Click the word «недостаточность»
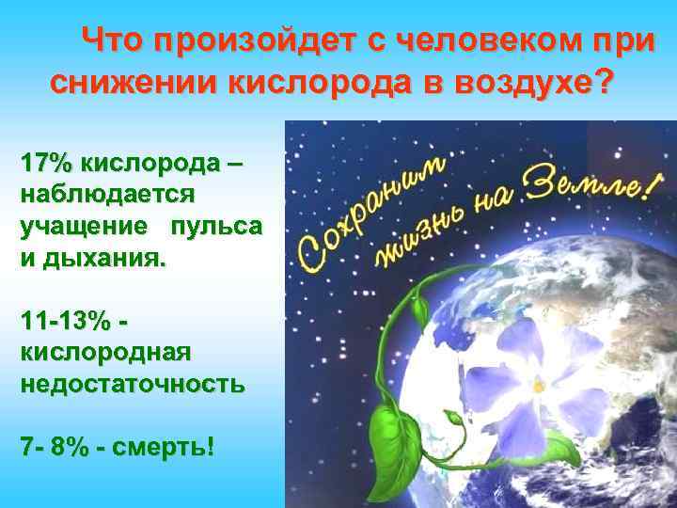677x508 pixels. pos(132,385)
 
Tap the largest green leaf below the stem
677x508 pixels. pos(396,437)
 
